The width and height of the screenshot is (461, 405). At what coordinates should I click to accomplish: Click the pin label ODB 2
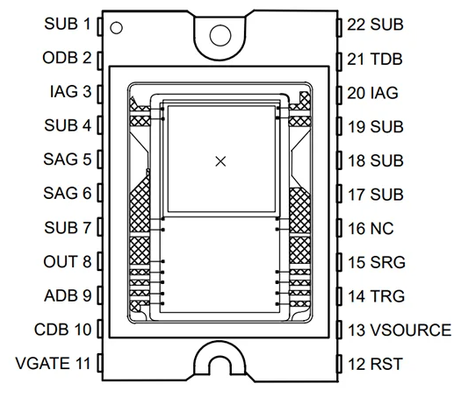[x=67, y=58]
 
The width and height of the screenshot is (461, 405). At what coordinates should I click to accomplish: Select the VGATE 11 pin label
[x=53, y=363]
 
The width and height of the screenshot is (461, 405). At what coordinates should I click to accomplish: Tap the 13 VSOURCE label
[x=400, y=330]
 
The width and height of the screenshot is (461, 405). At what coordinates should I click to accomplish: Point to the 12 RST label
[x=375, y=364]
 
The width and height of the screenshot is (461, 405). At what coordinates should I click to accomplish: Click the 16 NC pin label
[x=371, y=228]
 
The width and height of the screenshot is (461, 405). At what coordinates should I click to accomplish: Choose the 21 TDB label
[x=375, y=59]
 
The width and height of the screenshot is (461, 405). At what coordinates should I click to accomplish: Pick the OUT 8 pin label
[x=68, y=261]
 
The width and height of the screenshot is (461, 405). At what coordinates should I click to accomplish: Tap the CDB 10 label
[x=62, y=330]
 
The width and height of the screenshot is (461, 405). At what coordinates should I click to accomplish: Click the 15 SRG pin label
[x=377, y=262]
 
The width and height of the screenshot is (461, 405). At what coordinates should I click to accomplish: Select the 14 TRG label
[x=377, y=296]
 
